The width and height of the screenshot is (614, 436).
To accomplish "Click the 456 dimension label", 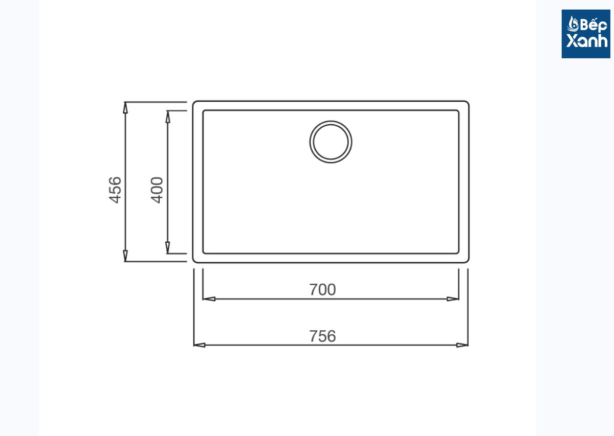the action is click(115, 190).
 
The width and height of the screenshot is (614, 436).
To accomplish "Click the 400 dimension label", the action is click(157, 190).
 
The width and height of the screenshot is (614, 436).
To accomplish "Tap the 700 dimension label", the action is click(322, 290).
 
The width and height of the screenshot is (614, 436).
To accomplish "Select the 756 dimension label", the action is click(322, 336).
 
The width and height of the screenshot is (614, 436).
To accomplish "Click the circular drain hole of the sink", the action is click(331, 142).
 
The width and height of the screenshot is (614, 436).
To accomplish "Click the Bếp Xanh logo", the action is click(586, 34).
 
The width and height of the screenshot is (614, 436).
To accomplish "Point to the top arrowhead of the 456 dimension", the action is click(125, 107).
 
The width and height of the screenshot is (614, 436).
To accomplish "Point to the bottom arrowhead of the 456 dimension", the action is click(125, 256).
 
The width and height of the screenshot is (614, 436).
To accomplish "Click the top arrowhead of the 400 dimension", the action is click(168, 117).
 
